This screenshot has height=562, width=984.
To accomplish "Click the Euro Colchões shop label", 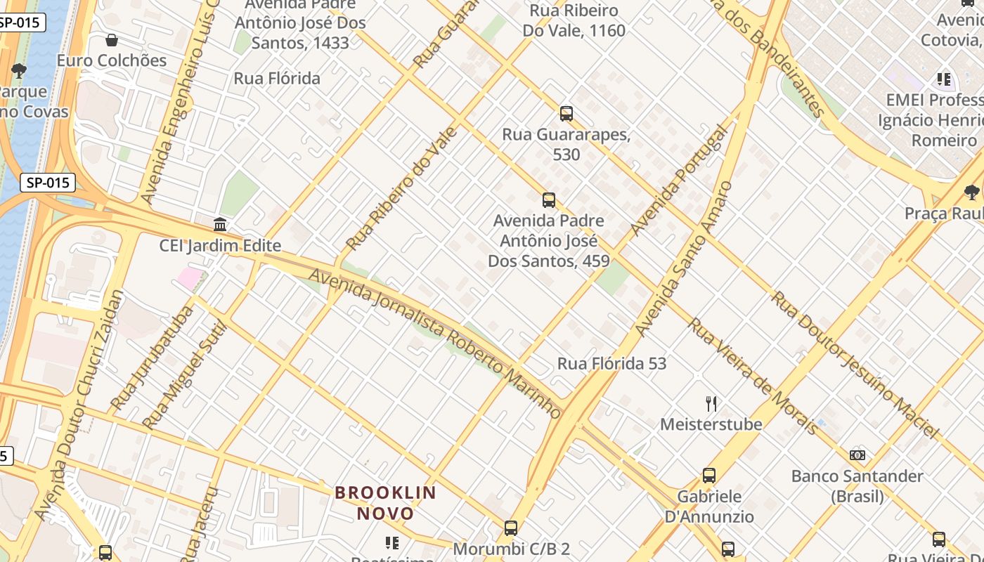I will [x=112, y=60].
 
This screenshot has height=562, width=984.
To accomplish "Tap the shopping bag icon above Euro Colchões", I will [x=111, y=40].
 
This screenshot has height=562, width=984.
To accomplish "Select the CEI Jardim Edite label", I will [x=220, y=246].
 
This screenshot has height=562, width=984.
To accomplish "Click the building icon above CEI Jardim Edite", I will [x=220, y=225].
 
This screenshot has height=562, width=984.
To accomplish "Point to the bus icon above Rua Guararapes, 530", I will [x=566, y=113].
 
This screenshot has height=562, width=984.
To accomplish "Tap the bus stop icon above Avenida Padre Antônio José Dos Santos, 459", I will [x=549, y=200].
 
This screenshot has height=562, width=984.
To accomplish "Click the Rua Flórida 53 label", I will [x=611, y=363].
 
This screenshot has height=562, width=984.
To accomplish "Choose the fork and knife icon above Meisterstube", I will [x=711, y=404].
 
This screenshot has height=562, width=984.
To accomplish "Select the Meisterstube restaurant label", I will [x=711, y=424].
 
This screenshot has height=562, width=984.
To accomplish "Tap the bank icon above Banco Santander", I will [x=857, y=455].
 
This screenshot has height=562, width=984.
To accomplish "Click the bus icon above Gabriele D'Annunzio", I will [x=709, y=476].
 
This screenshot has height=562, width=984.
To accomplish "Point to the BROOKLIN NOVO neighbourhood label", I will [x=385, y=503].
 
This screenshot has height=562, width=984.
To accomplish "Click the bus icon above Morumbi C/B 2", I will [x=511, y=528].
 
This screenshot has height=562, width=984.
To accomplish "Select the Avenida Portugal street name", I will [x=678, y=181].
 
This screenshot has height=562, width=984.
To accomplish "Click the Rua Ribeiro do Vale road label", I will [x=402, y=188].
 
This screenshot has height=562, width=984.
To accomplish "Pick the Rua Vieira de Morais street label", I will [x=752, y=377].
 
